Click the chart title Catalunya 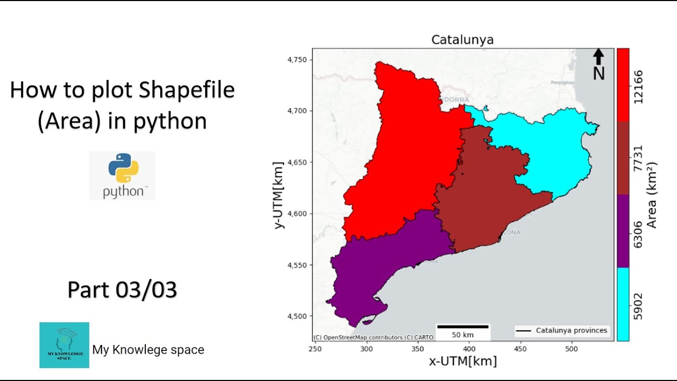pyautogui.click(x=462, y=40)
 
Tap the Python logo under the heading pyautogui.click(x=122, y=175)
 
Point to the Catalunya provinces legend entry pyautogui.click(x=562, y=331)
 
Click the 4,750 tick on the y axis pyautogui.click(x=297, y=60)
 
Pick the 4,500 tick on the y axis pyautogui.click(x=297, y=316)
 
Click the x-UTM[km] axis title pyautogui.click(x=463, y=361)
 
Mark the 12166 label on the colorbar pyautogui.click(x=638, y=86)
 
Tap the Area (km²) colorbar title pyautogui.click(x=652, y=195)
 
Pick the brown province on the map pyautogui.click(x=487, y=206)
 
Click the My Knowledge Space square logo pyautogui.click(x=64, y=345)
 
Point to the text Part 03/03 pyautogui.click(x=122, y=290)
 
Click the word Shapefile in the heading pyautogui.click(x=187, y=90)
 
